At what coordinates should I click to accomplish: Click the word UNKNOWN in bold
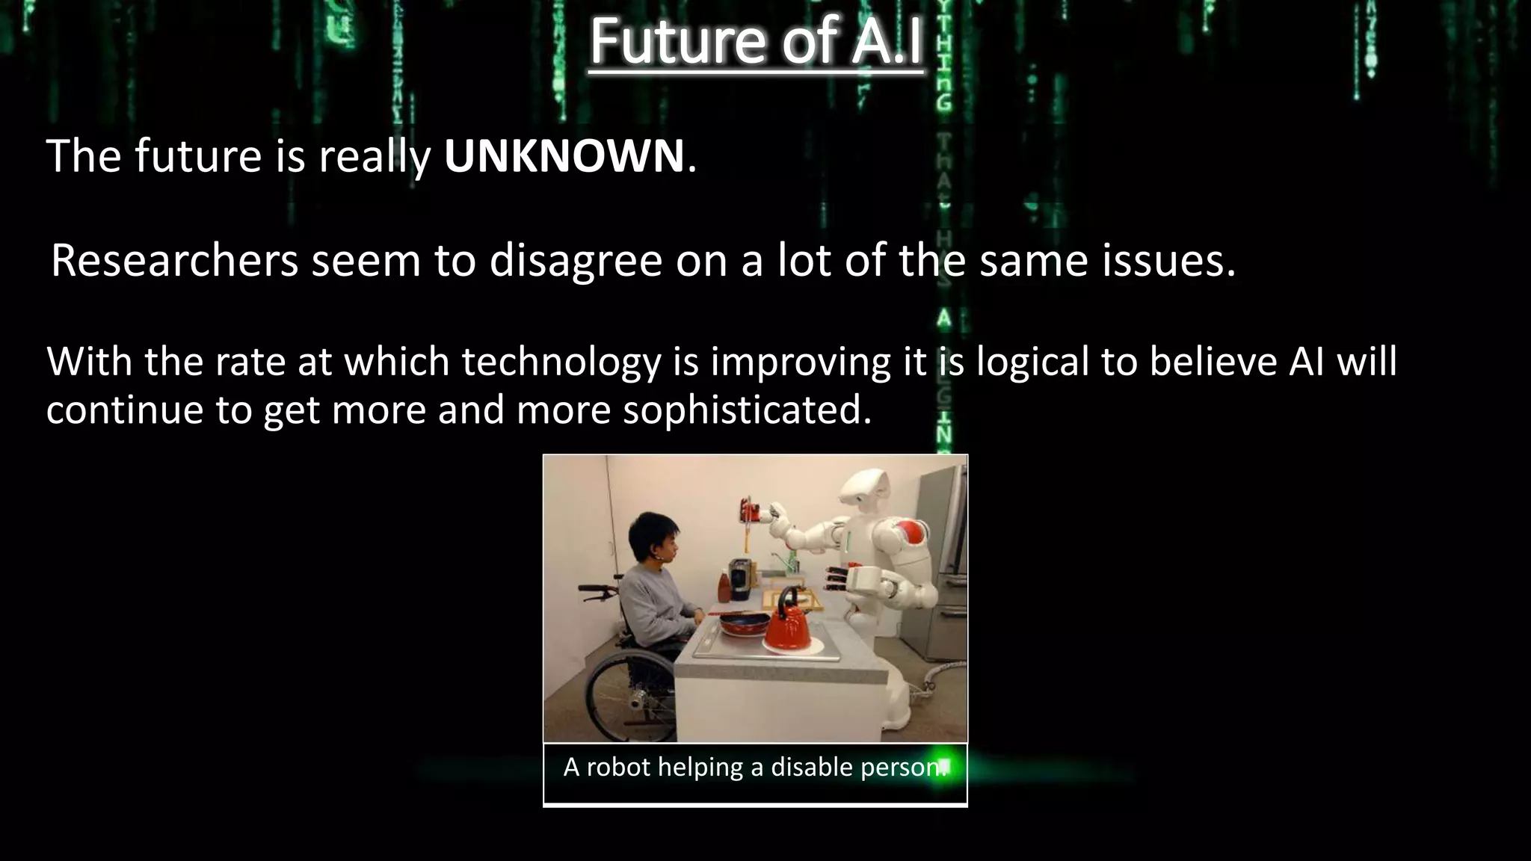(x=564, y=156)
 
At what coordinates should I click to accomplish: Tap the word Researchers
(x=174, y=262)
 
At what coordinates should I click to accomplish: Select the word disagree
(x=576, y=262)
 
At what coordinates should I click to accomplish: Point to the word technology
(x=561, y=362)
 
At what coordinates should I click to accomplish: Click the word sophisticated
(x=747, y=410)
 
